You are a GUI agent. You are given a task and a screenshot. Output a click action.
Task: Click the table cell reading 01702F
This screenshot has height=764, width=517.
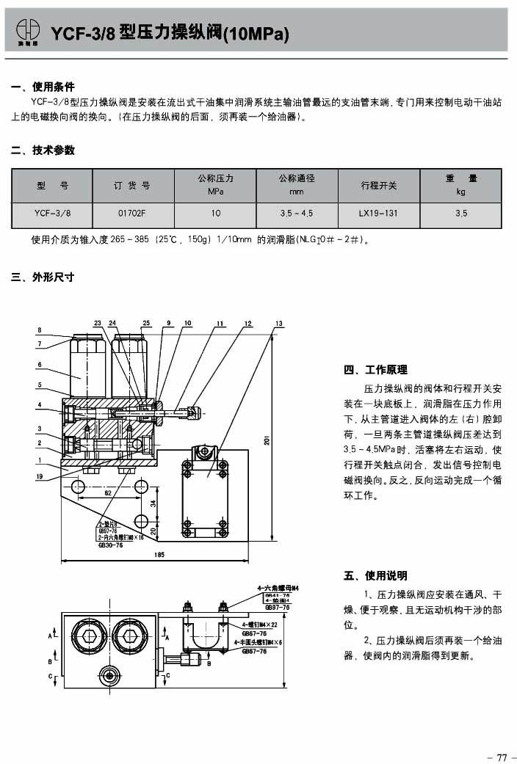133,214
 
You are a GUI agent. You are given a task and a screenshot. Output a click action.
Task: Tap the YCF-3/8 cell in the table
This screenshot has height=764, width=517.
52,214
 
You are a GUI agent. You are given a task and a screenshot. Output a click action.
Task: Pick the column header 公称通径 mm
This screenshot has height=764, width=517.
297,185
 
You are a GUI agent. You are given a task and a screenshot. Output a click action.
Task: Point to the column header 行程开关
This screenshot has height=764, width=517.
378,185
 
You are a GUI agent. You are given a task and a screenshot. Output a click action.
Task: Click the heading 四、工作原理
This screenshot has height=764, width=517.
375,370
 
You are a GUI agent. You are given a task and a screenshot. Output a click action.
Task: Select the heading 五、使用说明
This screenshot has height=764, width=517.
375,575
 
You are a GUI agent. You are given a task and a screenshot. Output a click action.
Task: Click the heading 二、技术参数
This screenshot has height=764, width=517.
43,150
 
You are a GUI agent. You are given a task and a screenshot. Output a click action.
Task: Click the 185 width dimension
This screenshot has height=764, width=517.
160,556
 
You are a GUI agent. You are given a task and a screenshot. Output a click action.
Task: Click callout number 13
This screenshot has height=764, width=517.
279,324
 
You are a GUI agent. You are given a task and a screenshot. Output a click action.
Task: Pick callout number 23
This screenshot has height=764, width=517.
98,324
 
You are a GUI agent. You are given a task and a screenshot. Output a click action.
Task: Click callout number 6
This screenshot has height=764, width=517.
39,365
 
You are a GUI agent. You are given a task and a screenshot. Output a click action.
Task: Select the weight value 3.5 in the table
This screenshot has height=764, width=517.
460,214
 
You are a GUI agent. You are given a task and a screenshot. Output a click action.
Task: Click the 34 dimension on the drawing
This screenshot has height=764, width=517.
153,503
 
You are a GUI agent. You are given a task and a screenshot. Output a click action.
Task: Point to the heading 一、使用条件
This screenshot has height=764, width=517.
43,87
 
